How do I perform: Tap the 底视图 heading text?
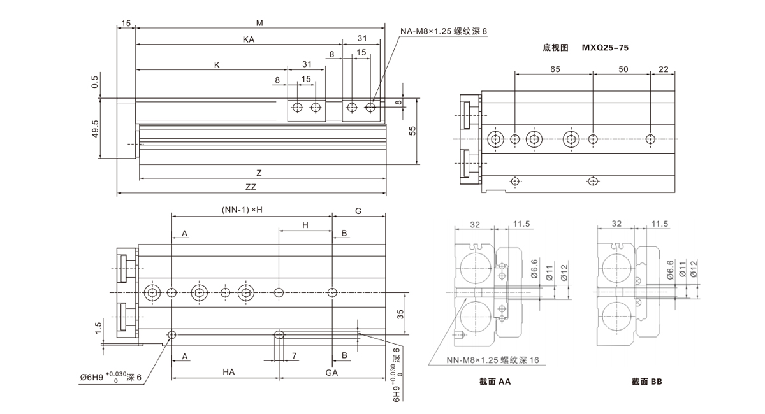click(x=555, y=48)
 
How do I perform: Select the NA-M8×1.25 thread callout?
click(x=444, y=31)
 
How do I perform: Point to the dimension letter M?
click(x=259, y=23)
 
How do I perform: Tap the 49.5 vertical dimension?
click(x=95, y=129)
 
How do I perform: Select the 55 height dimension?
click(x=412, y=131)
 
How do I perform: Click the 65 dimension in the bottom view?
click(x=554, y=68)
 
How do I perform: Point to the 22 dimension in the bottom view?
click(x=663, y=68)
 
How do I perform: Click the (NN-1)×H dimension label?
click(x=242, y=210)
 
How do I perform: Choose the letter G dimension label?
click(x=358, y=210)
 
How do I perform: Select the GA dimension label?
click(x=331, y=373)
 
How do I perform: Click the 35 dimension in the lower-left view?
click(x=401, y=313)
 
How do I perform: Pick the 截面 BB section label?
click(x=648, y=382)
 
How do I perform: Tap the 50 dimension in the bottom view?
click(x=623, y=68)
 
